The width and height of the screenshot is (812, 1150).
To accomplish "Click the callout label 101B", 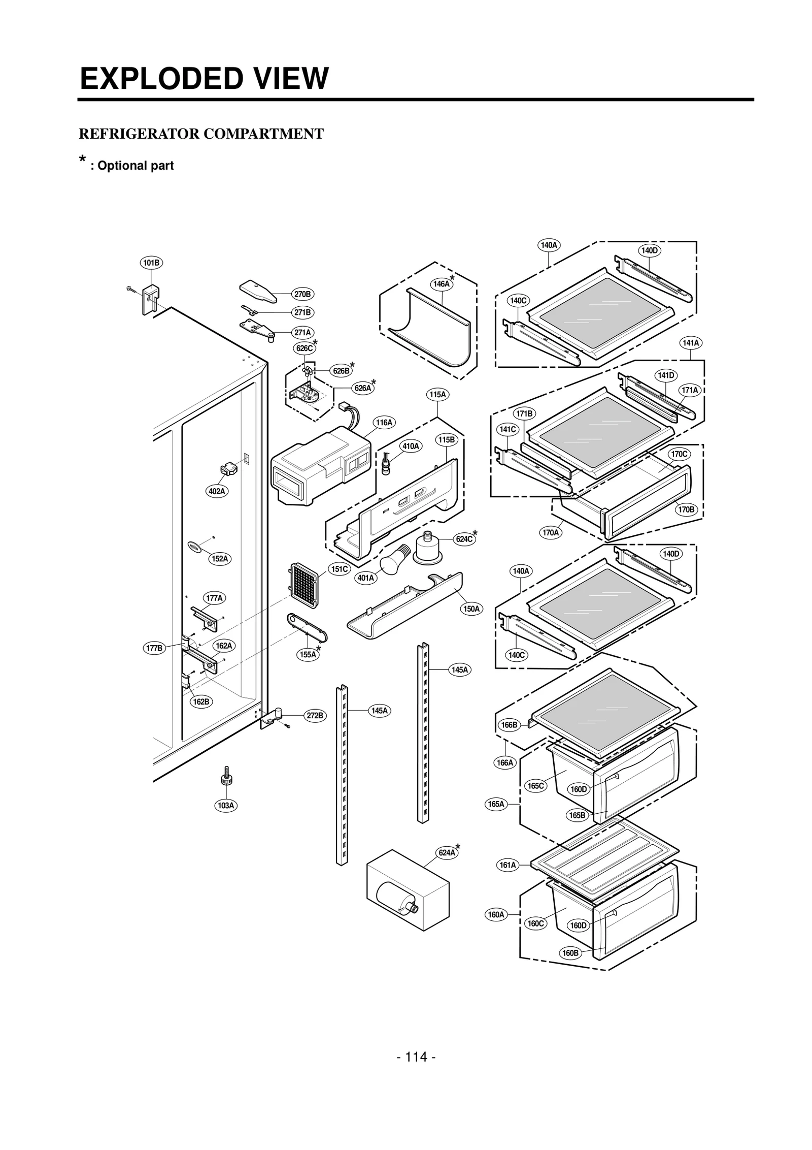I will tap(151, 263).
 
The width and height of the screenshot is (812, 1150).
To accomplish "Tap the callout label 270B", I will tap(302, 294).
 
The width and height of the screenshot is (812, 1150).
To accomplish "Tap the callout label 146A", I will tap(441, 284).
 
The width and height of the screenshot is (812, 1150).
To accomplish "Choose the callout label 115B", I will tap(447, 439).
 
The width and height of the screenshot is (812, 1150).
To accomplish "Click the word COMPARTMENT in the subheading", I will tap(263, 134).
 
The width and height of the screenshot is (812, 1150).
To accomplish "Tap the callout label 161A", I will tap(507, 865).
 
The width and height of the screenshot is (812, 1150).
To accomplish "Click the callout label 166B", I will tap(509, 724).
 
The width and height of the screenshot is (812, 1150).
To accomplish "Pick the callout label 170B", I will tap(686, 509).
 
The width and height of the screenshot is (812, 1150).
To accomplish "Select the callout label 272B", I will tap(315, 715).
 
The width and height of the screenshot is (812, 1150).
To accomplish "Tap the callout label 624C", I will tap(464, 539).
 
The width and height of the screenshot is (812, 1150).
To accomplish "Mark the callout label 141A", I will tap(690, 343).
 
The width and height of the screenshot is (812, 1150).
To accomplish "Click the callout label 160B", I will tap(570, 953).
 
